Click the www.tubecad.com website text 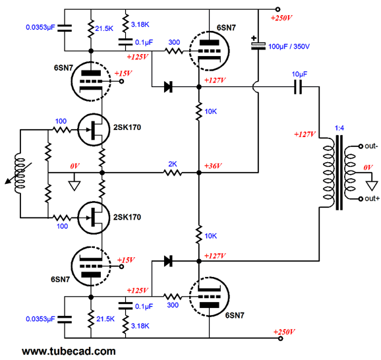69,351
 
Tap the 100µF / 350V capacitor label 289,46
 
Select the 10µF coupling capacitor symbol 298,87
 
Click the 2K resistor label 173,164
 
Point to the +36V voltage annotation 213,166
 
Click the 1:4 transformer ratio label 339,128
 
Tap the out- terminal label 371,146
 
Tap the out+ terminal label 372,198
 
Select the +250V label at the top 281,18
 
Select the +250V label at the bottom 284,332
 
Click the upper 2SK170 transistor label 127,127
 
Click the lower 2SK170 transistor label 127,217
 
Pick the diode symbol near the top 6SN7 168,87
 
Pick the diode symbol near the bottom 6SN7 168,261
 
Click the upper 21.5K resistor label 104,29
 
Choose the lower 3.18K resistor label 140,326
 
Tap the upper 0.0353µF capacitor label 40,28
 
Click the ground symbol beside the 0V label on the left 74,186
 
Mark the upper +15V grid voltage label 123,73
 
